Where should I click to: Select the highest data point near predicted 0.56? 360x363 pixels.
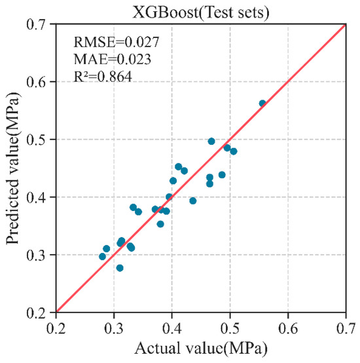click(x=262, y=104)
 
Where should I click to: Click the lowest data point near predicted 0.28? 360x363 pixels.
click(x=120, y=268)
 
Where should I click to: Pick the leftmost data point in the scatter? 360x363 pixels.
click(x=102, y=256)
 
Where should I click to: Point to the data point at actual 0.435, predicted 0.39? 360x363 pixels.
click(x=192, y=201)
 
